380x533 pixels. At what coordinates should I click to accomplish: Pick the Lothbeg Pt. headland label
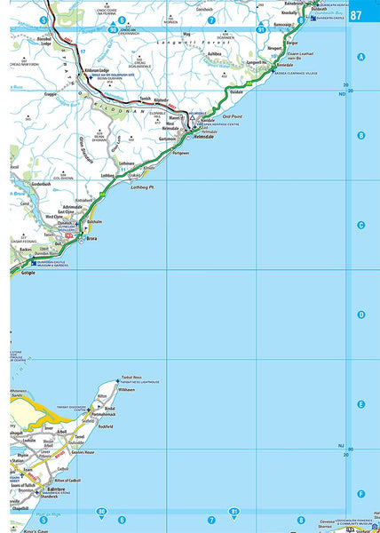pyautogui.click(x=143, y=188)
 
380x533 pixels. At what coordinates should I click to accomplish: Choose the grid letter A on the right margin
pyautogui.click(x=360, y=57)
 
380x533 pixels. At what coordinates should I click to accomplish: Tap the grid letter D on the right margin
pyautogui.click(x=360, y=314)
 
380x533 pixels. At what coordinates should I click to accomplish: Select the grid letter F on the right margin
pyautogui.click(x=360, y=493)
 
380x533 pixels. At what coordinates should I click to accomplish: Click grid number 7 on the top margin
pyautogui.click(x=210, y=20)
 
